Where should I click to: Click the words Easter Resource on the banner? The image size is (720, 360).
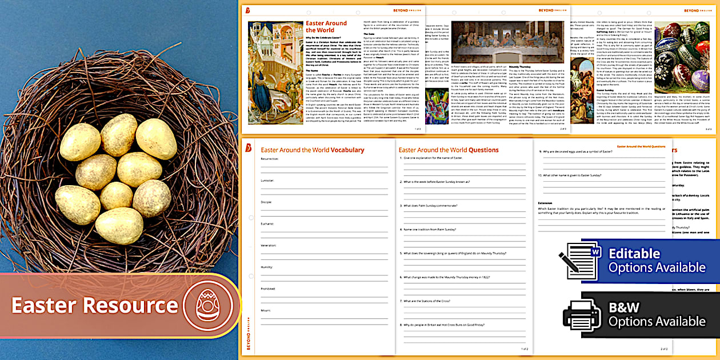tap(95, 305)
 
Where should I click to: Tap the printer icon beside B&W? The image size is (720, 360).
tap(582, 314)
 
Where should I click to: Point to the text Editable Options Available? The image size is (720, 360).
tap(649, 261)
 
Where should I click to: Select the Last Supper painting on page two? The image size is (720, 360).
tap(508, 43)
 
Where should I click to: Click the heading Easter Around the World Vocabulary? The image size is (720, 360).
tap(312, 150)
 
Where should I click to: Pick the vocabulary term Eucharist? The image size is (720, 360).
tap(268, 223)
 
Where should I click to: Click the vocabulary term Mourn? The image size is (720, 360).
tap(266, 310)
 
